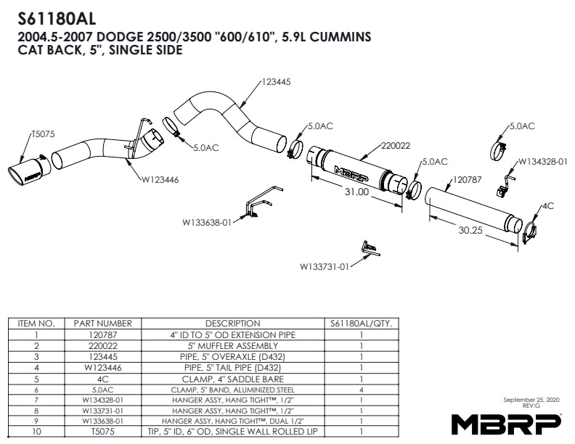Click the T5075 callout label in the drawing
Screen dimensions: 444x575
(43, 134)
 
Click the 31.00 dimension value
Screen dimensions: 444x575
(356, 192)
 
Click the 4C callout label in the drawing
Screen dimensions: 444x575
(548, 206)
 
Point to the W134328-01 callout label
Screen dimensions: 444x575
(542, 161)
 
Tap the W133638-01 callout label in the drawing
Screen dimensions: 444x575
(206, 223)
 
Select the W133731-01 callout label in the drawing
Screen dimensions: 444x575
(325, 266)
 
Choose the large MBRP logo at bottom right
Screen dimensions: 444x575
(507, 422)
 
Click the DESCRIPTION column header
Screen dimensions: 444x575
(232, 324)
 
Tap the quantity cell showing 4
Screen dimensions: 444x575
(361, 390)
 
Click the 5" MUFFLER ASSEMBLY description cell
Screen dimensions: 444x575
(232, 347)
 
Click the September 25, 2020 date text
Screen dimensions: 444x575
(531, 400)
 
